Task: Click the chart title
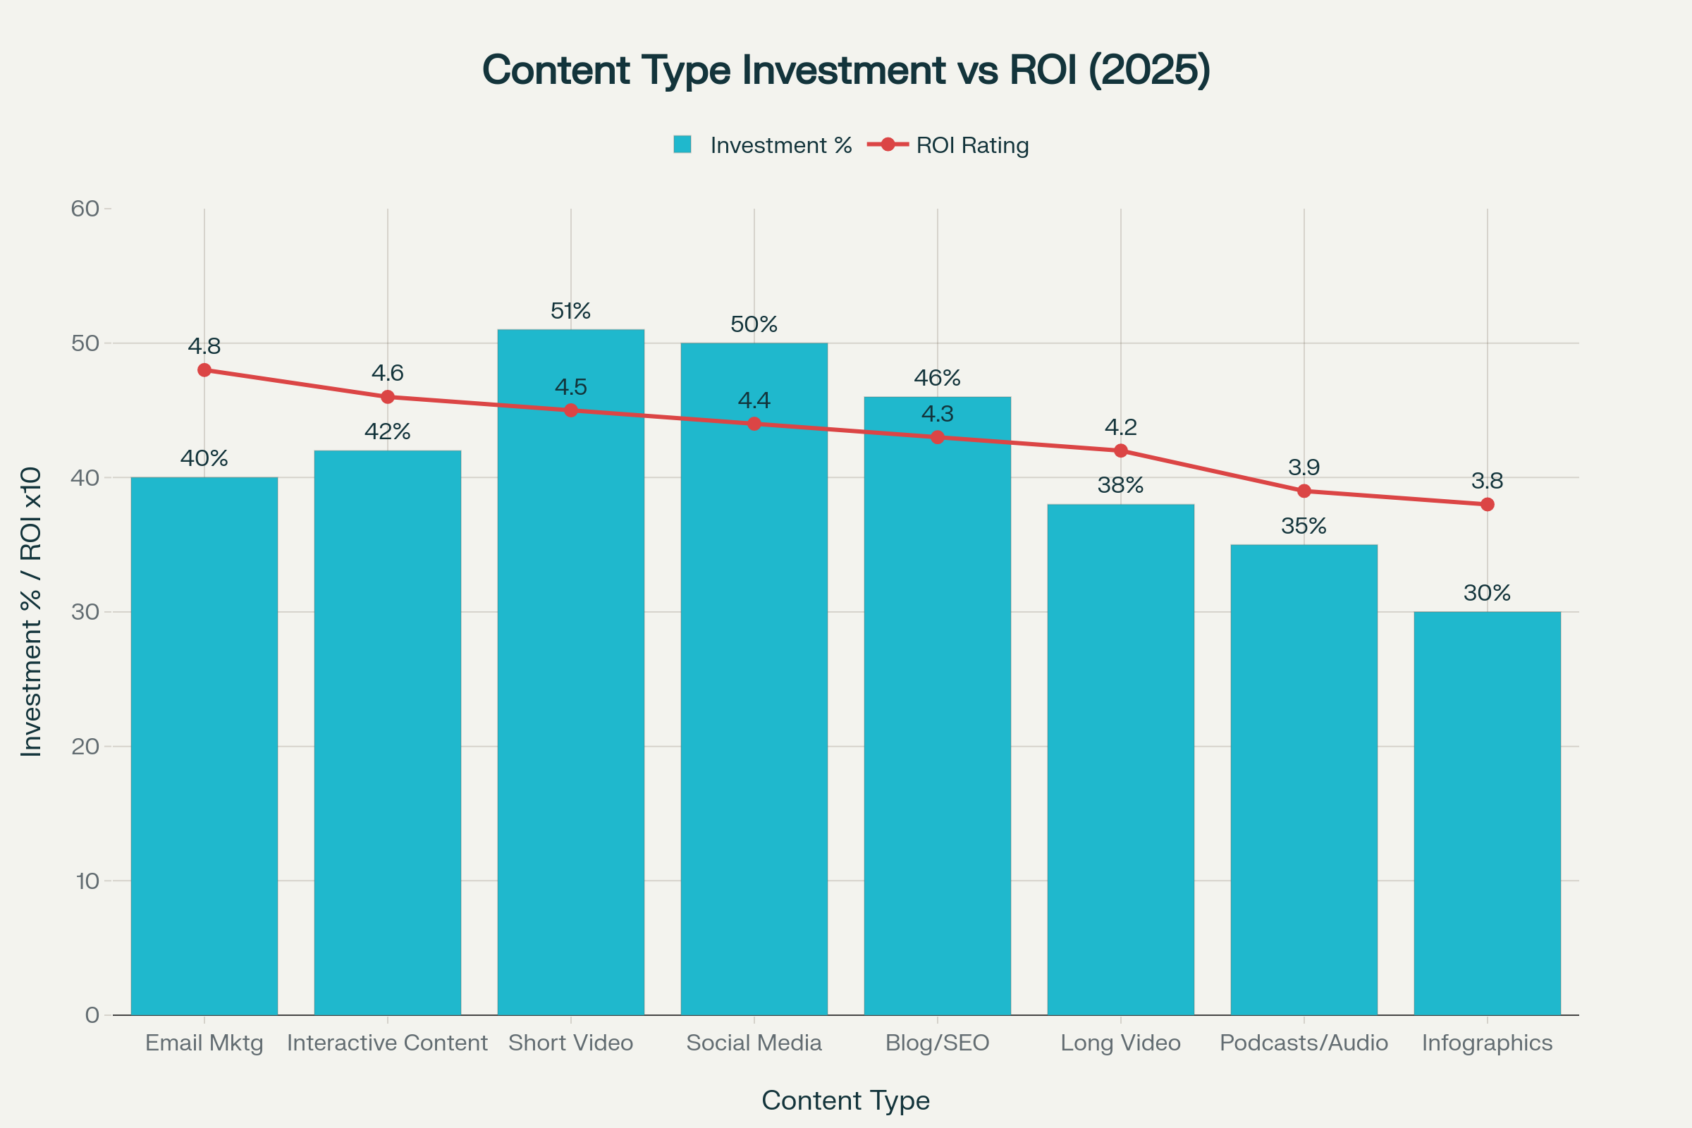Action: (x=846, y=70)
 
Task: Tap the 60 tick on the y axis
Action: (x=85, y=209)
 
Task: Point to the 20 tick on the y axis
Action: (x=85, y=746)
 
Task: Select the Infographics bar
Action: (x=1487, y=813)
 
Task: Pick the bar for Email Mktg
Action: (x=204, y=748)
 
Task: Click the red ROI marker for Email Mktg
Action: (x=204, y=369)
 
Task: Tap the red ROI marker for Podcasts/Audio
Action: (x=1304, y=491)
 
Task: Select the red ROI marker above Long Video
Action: (x=1121, y=451)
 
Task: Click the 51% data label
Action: (x=570, y=311)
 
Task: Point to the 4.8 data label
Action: (x=204, y=346)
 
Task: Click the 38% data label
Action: (x=1121, y=486)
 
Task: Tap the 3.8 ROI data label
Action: (x=1487, y=481)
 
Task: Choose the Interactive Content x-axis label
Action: (x=387, y=1043)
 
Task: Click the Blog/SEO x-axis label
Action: (x=938, y=1043)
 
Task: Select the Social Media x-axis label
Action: (x=754, y=1043)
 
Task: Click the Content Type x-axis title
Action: (x=846, y=1101)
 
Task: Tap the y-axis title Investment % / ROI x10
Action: (x=31, y=611)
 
